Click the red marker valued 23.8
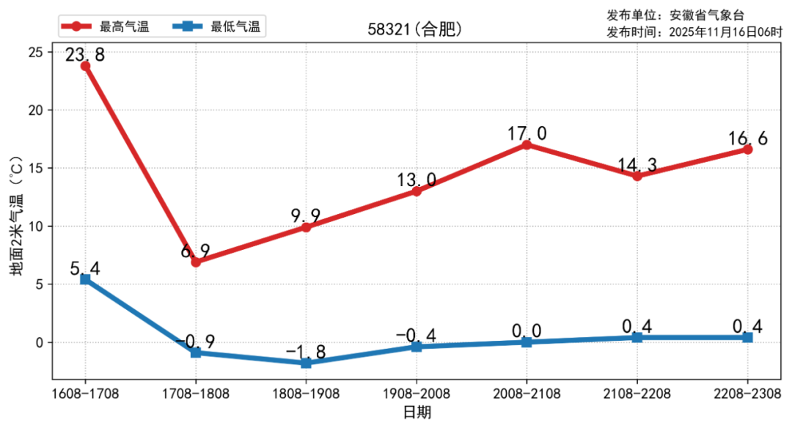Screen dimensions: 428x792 coord(85,66)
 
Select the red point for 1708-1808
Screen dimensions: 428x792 coord(196,262)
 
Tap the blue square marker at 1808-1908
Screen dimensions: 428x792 coord(306,363)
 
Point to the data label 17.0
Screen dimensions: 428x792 coord(527,133)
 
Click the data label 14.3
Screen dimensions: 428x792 coord(637,164)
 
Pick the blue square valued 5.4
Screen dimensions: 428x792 coord(85,279)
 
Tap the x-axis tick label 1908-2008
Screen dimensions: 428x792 coord(417,394)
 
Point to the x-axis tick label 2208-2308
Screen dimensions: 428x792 coord(747,394)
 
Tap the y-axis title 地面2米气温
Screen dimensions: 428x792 coord(16,220)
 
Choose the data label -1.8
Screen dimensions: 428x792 coord(306,351)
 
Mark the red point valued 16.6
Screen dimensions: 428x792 coord(747,150)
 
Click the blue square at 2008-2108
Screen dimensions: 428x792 coord(527,342)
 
